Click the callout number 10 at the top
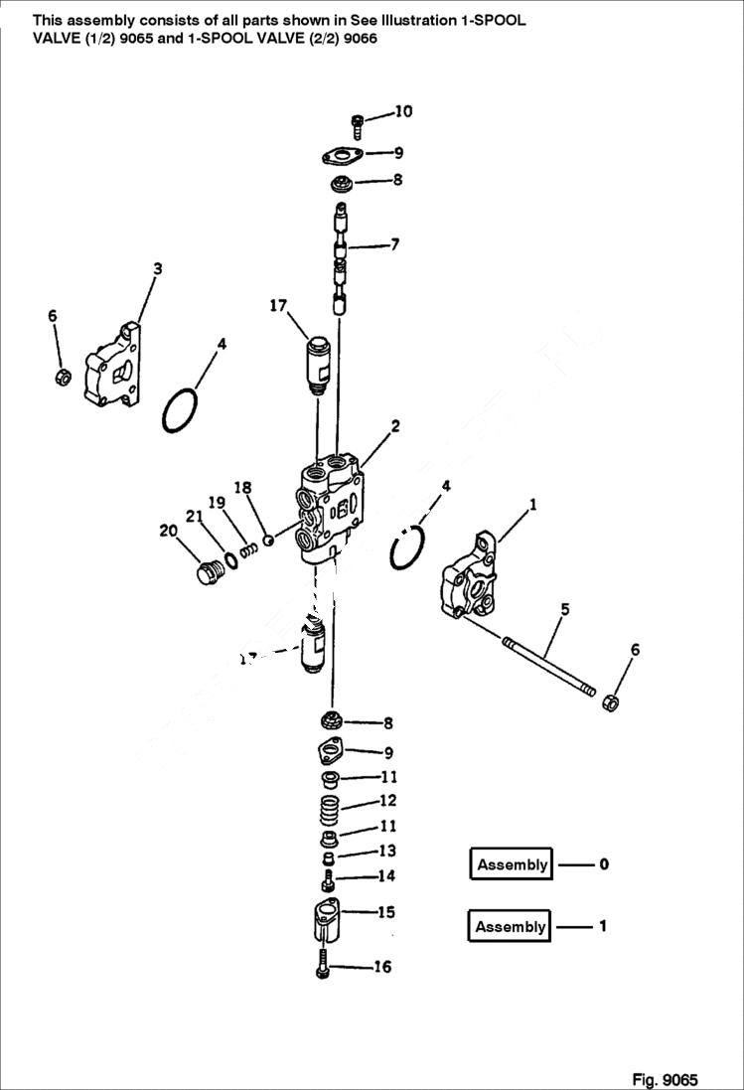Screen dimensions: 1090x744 tap(403, 111)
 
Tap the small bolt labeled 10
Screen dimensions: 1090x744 tap(358, 124)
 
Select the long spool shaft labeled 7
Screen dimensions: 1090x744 tap(341, 256)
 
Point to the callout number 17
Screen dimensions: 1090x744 tap(277, 305)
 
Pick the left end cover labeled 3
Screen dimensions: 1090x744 tap(113, 366)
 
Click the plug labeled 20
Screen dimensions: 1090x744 tap(207, 575)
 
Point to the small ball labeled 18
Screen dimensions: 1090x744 tap(267, 540)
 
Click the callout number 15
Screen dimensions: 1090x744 tap(385, 910)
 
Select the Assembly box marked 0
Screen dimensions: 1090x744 tap(512, 864)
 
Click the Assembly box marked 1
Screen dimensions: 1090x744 tap(511, 927)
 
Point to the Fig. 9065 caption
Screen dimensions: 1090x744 tap(665, 1079)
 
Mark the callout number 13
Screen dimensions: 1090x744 tap(386, 852)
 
